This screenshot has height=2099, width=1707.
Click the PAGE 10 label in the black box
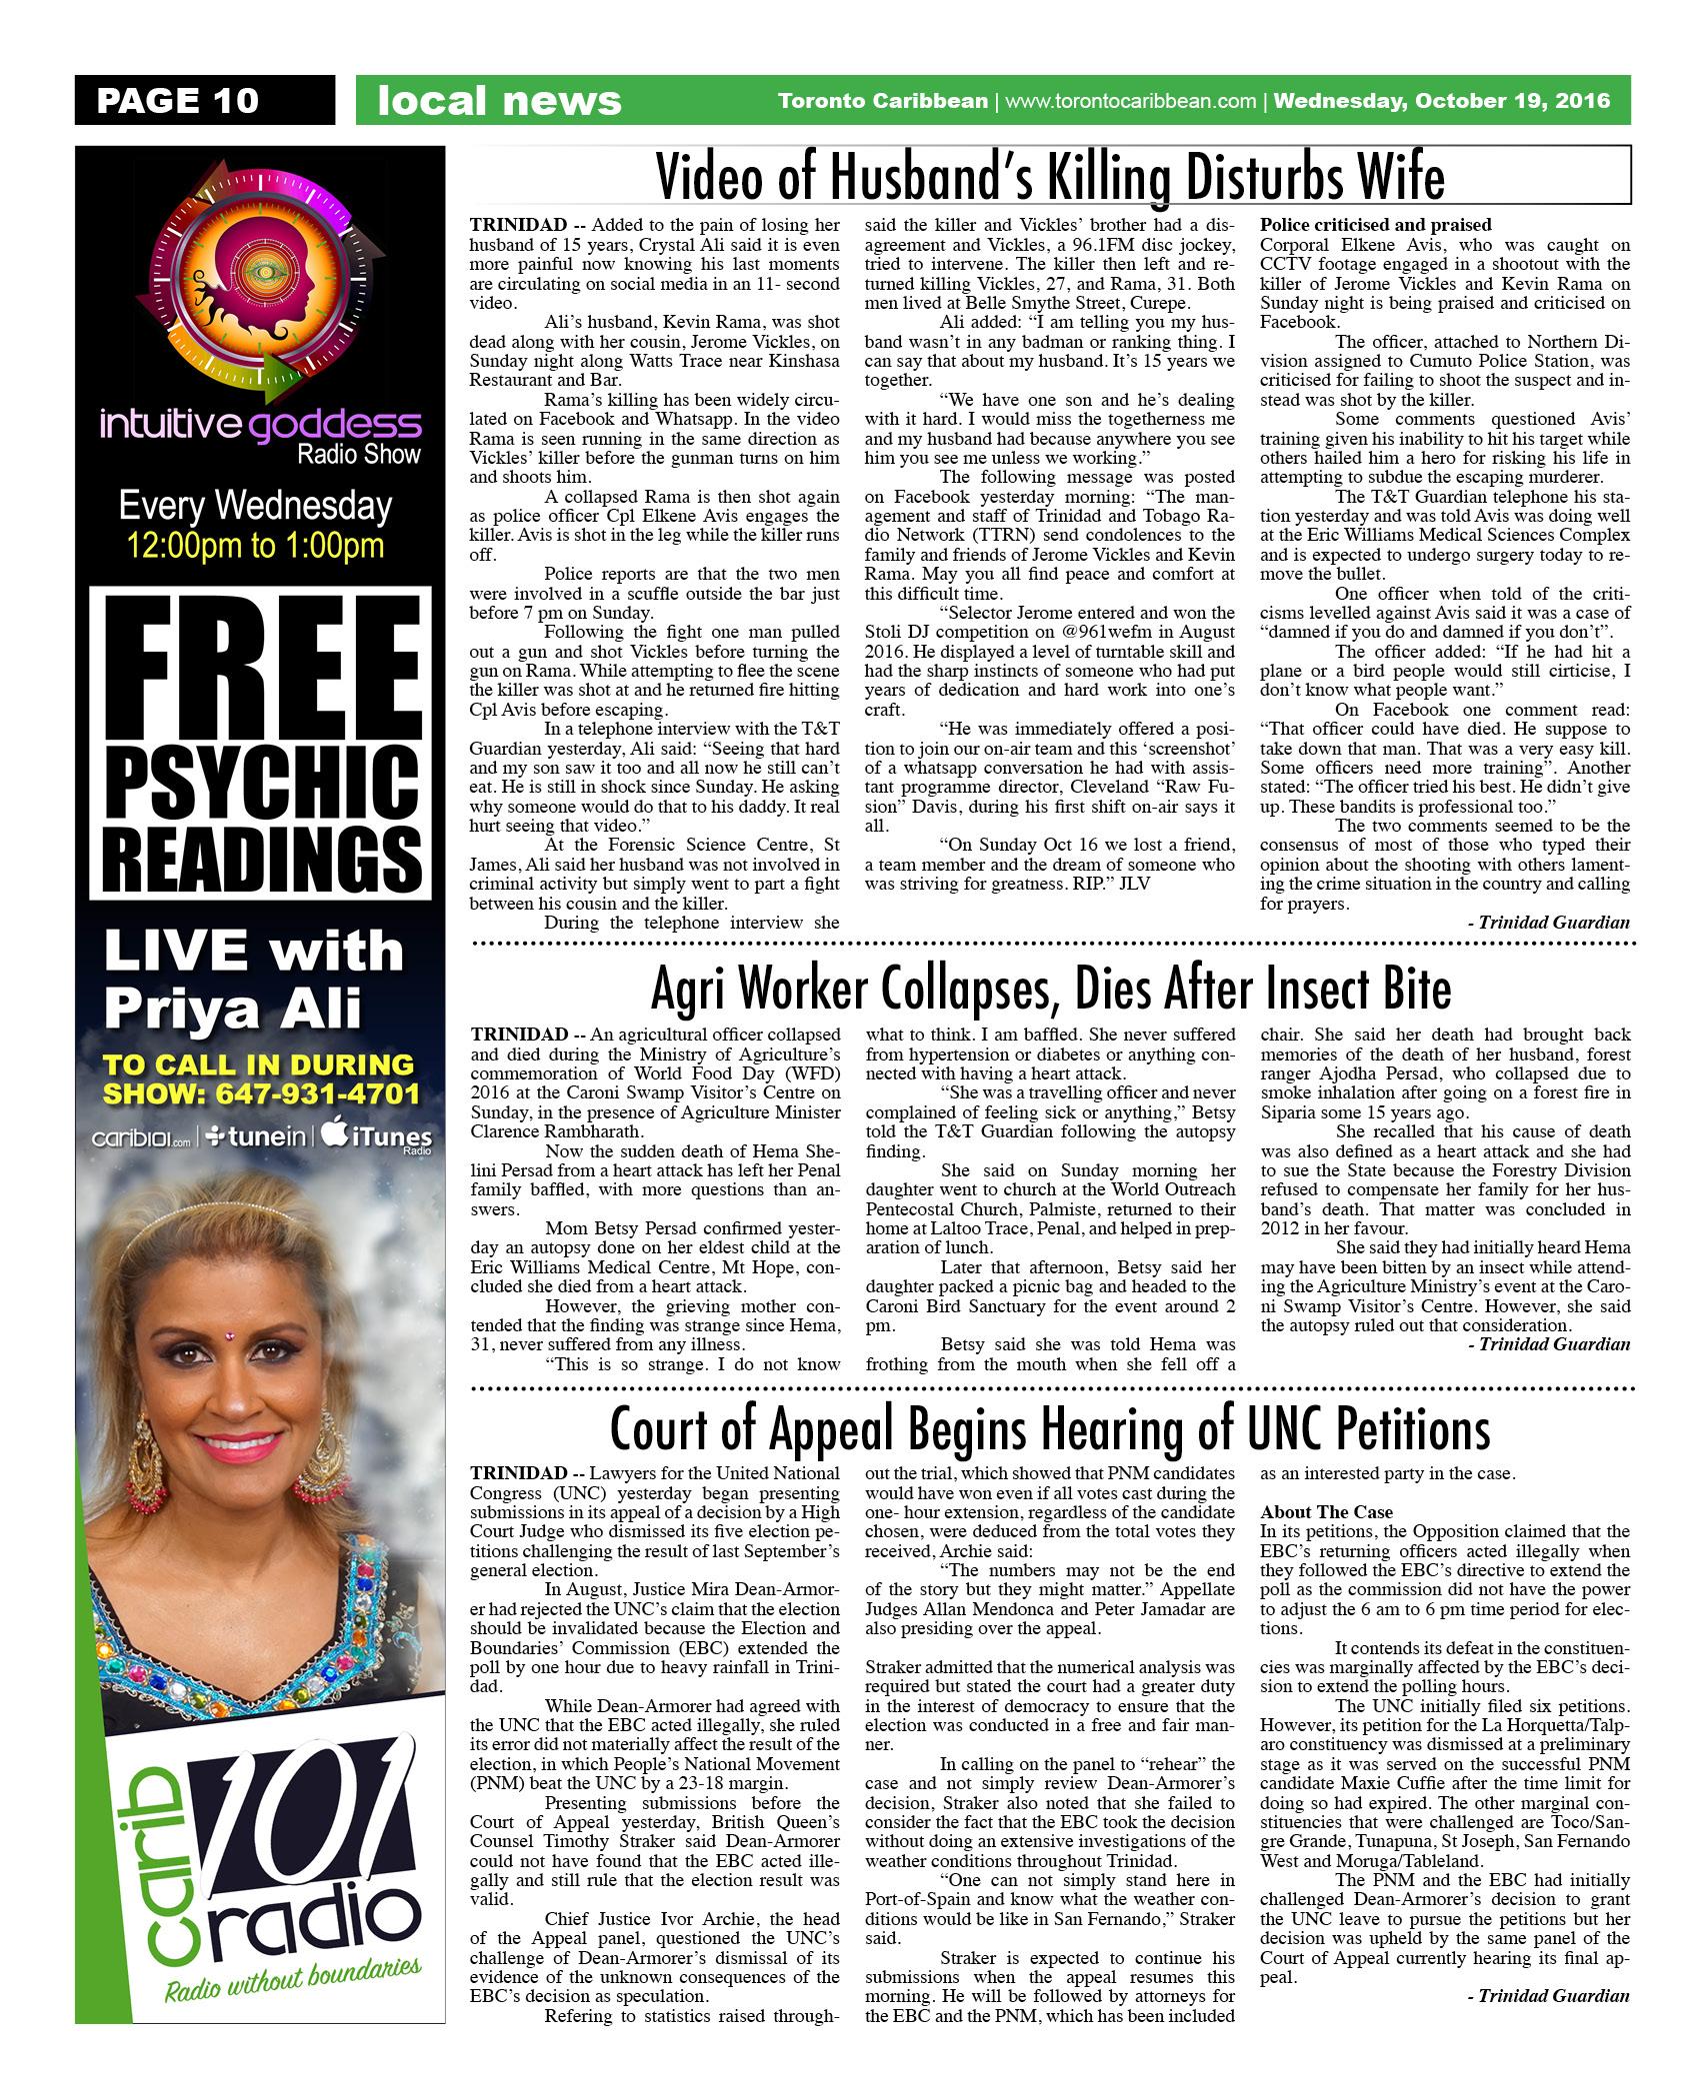178,100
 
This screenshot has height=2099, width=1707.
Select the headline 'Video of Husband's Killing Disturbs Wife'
1049,179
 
